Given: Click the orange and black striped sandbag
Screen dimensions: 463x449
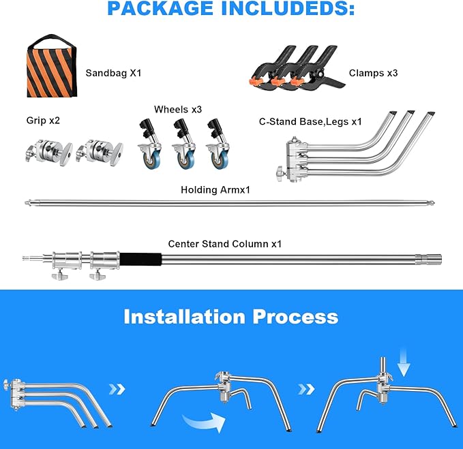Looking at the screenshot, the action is pyautogui.click(x=52, y=69).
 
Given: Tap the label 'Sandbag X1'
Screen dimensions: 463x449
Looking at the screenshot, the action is pyautogui.click(x=113, y=73).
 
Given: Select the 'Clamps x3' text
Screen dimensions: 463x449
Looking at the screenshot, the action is pyautogui.click(x=373, y=73).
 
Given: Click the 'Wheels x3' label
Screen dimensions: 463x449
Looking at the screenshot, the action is pyautogui.click(x=178, y=110).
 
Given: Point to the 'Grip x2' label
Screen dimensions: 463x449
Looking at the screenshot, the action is pyautogui.click(x=43, y=121).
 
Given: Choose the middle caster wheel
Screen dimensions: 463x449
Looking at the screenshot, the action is pyautogui.click(x=184, y=144).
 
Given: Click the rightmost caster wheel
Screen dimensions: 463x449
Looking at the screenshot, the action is pyautogui.click(x=218, y=144).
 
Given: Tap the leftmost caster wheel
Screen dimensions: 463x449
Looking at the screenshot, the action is pyautogui.click(x=150, y=144).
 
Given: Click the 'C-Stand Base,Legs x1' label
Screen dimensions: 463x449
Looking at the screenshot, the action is pyautogui.click(x=310, y=121).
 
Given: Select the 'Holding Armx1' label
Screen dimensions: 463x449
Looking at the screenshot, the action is pyautogui.click(x=215, y=189).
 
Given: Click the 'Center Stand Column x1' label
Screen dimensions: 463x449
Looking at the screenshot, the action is pyautogui.click(x=225, y=244).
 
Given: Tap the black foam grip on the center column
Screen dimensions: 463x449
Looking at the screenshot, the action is pyautogui.click(x=140, y=260).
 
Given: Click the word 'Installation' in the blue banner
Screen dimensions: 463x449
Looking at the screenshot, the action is pyautogui.click(x=185, y=317).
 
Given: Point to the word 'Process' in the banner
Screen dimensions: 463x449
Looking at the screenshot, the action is pyautogui.click(x=295, y=317).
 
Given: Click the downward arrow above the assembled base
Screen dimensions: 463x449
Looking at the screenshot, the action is pyautogui.click(x=404, y=363).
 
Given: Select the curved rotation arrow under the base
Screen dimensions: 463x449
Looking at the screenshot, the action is pyautogui.click(x=205, y=422).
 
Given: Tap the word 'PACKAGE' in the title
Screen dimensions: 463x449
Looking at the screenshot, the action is pyautogui.click(x=160, y=8).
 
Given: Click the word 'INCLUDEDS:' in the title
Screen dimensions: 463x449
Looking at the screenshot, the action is pyautogui.click(x=288, y=8).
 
